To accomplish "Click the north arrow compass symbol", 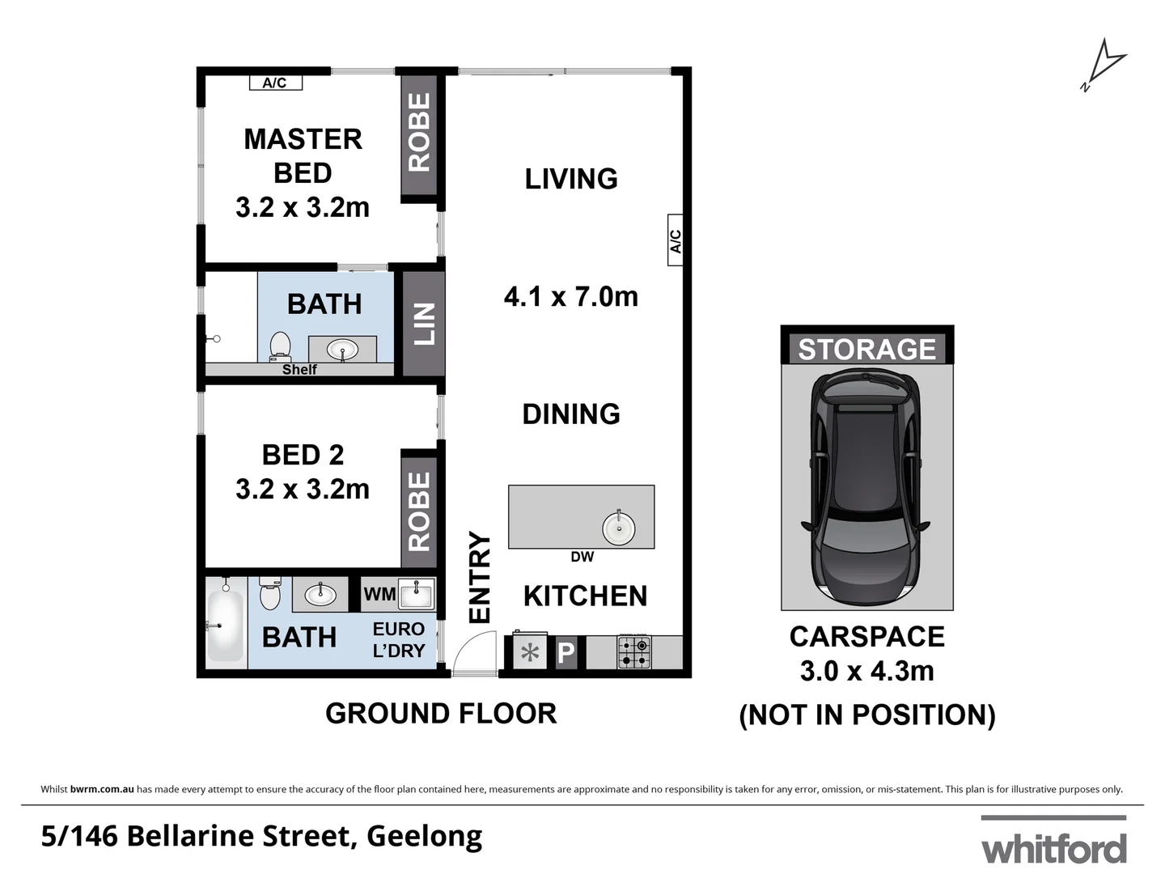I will pyautogui.click(x=1104, y=63).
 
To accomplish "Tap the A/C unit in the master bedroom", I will pyautogui.click(x=274, y=83).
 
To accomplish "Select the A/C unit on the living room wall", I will pyautogui.click(x=676, y=240).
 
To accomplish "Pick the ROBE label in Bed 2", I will pyautogui.click(x=419, y=511).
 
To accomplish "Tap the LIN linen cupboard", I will pyautogui.click(x=424, y=324).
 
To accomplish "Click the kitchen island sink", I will pyautogui.click(x=619, y=528).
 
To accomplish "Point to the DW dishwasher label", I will pyautogui.click(x=582, y=557).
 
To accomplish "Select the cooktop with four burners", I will pyautogui.click(x=634, y=652).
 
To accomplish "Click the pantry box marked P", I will pyautogui.click(x=566, y=653).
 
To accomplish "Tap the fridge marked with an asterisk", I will pyautogui.click(x=530, y=652).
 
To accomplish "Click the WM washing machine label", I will pyautogui.click(x=379, y=594).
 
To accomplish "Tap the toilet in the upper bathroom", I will pyautogui.click(x=280, y=346).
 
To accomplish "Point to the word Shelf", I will pyautogui.click(x=299, y=370).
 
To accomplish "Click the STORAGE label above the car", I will pyautogui.click(x=866, y=349).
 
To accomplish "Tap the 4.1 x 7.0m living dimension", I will pyautogui.click(x=570, y=297).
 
